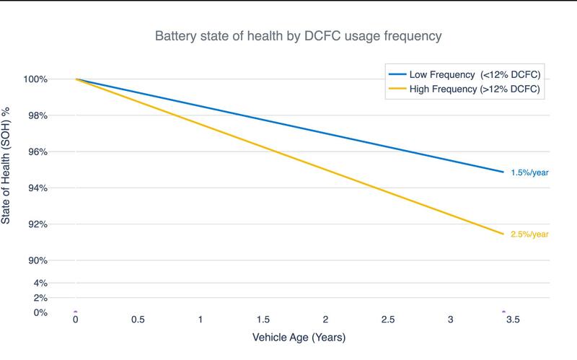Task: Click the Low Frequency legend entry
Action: pyautogui.click(x=465, y=74)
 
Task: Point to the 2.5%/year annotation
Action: pyautogui.click(x=530, y=234)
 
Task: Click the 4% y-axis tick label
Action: pyautogui.click(x=41, y=284)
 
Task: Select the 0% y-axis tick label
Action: pyautogui.click(x=41, y=312)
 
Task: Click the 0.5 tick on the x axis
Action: pyautogui.click(x=138, y=320)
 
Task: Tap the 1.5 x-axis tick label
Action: pyautogui.click(x=263, y=320)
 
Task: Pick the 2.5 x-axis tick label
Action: pyautogui.click(x=388, y=320)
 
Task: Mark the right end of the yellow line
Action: pyautogui.click(x=503, y=234)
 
